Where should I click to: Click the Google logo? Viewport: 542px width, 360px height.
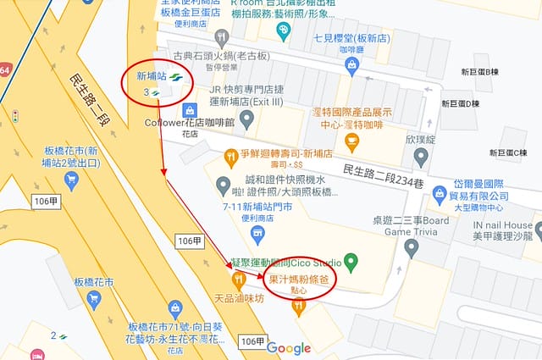point(289,347)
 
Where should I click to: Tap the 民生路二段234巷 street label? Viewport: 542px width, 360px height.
point(382,172)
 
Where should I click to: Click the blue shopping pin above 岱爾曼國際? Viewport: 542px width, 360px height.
point(440,195)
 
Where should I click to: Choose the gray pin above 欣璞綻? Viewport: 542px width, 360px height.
point(420,158)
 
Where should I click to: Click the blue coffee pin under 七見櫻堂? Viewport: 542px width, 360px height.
point(351,64)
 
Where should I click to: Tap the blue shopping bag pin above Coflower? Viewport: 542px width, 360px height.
point(191,110)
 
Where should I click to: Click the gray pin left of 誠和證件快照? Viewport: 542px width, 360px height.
point(224,185)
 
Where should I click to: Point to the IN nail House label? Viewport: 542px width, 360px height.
point(502,225)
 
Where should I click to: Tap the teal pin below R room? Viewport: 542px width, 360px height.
point(284,31)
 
